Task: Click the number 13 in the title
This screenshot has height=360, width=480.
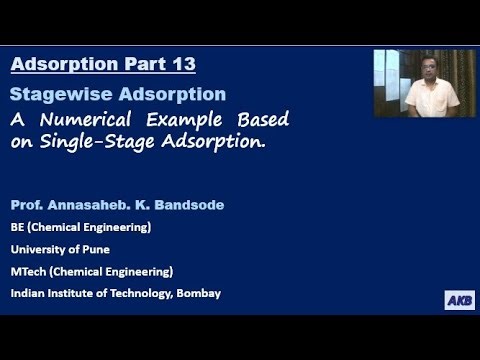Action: pos(182,65)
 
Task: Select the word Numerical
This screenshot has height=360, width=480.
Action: pos(85,120)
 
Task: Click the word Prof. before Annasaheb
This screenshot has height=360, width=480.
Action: pos(26,205)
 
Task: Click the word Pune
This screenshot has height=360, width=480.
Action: pos(96,249)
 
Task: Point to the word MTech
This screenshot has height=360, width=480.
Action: pos(30,271)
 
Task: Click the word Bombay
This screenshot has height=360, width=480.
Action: pos(196,293)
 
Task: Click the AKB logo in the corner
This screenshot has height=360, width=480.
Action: pos(459,301)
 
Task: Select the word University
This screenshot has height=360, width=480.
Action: pos(40,249)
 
